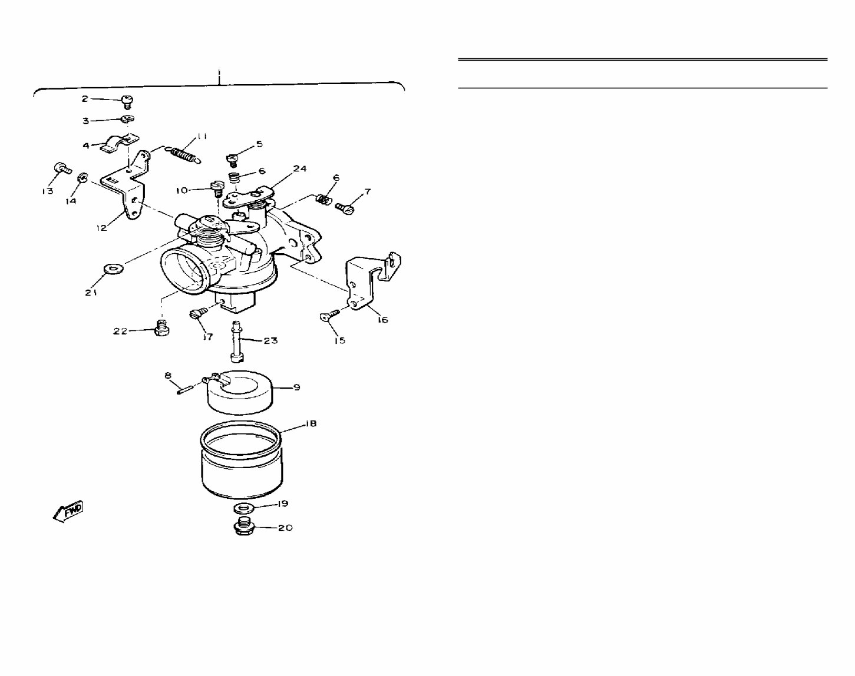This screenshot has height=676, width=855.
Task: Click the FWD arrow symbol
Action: tap(68, 512)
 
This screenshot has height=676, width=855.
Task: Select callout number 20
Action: tap(285, 528)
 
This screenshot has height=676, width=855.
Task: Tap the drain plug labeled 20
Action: tap(243, 526)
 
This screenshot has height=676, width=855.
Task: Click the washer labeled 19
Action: tap(243, 508)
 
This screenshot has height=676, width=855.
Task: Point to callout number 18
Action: tap(311, 424)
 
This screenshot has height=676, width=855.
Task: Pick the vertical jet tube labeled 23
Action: tap(237, 341)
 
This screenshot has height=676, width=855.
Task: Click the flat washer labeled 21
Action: tap(113, 269)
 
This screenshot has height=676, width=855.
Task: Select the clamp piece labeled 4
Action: tap(119, 144)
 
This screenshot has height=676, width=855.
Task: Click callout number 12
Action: tap(102, 228)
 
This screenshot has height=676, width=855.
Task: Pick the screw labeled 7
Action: tap(345, 208)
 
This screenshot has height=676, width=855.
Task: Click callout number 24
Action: tap(300, 168)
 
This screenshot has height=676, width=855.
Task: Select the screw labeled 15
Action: tap(329, 316)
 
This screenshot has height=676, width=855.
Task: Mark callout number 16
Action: tap(382, 320)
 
